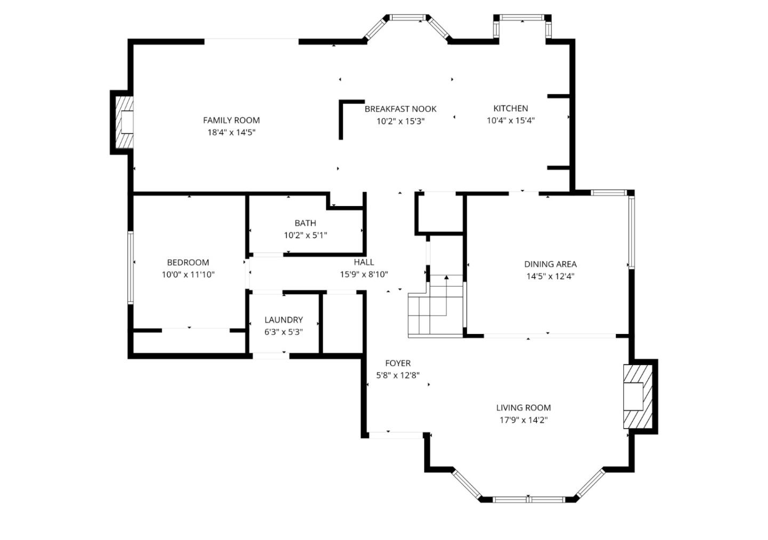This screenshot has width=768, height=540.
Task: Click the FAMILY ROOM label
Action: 231,121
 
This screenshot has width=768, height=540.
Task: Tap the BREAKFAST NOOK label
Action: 401,109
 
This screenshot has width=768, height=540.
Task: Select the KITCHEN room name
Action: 510,108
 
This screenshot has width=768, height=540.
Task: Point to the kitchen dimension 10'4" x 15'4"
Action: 510,121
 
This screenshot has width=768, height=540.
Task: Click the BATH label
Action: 305,223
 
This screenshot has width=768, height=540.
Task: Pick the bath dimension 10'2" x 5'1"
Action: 305,235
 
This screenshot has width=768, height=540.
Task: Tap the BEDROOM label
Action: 188,263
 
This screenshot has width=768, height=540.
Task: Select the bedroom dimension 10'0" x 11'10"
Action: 188,275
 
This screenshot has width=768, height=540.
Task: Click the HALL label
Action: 364,262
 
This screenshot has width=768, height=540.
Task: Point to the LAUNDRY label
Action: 283,320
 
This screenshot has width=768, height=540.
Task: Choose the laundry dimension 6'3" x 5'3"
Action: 283,332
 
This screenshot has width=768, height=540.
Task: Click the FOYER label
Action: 398,363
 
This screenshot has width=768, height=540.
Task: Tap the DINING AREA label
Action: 550,264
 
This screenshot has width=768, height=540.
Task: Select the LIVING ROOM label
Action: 523,408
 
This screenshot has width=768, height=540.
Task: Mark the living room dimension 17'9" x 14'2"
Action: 523,420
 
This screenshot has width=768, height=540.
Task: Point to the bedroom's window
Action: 130,267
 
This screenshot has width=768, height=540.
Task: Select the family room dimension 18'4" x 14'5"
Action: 231,133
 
